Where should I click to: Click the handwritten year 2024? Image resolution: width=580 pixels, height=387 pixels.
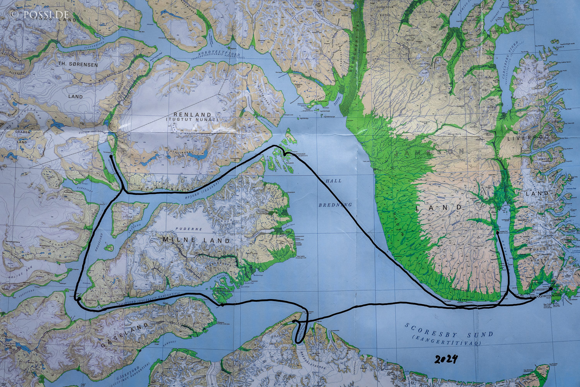(x=446, y=360)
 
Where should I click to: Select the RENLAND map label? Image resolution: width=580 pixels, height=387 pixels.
(x=193, y=115)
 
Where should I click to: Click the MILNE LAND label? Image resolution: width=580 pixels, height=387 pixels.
(x=196, y=240)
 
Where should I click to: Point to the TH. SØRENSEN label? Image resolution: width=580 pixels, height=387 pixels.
(x=78, y=65)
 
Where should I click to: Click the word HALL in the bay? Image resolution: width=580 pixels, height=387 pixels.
(x=333, y=181)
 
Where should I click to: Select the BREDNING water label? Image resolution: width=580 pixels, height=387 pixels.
(x=335, y=205)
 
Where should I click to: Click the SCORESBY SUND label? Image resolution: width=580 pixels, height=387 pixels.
(x=449, y=330)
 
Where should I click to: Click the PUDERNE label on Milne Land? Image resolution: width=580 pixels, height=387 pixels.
(x=189, y=229)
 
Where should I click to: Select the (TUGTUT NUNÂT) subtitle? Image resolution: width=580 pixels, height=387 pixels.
(x=192, y=120)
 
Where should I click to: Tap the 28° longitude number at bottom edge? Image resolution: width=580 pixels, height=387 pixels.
(x=83, y=384)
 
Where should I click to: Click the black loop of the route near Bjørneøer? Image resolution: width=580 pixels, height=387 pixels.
(x=285, y=153)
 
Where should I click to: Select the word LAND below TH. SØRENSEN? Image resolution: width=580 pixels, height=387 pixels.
(x=75, y=96)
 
